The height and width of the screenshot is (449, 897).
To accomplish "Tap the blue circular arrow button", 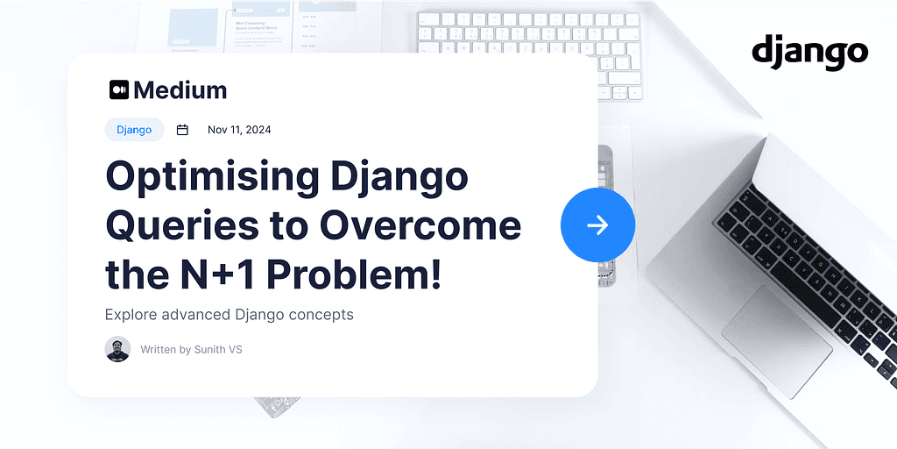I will (597, 225).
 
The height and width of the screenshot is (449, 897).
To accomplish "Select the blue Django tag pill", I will (134, 130).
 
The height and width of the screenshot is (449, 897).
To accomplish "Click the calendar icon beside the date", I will (182, 130).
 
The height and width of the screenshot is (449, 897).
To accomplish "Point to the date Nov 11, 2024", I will (239, 130).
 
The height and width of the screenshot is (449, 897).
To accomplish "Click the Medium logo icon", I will (119, 89).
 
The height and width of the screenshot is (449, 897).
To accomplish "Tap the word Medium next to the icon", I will (180, 89).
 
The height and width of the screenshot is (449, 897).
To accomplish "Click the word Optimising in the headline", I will (210, 176).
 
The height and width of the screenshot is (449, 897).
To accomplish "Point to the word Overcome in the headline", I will (420, 226).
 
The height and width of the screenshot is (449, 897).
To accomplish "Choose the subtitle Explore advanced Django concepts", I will (229, 314).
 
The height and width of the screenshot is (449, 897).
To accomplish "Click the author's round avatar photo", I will (117, 349).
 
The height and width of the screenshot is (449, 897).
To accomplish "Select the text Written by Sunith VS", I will (191, 349).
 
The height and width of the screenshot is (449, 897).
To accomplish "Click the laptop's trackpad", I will (776, 329).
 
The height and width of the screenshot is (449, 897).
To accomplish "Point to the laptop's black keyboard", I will (806, 263).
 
